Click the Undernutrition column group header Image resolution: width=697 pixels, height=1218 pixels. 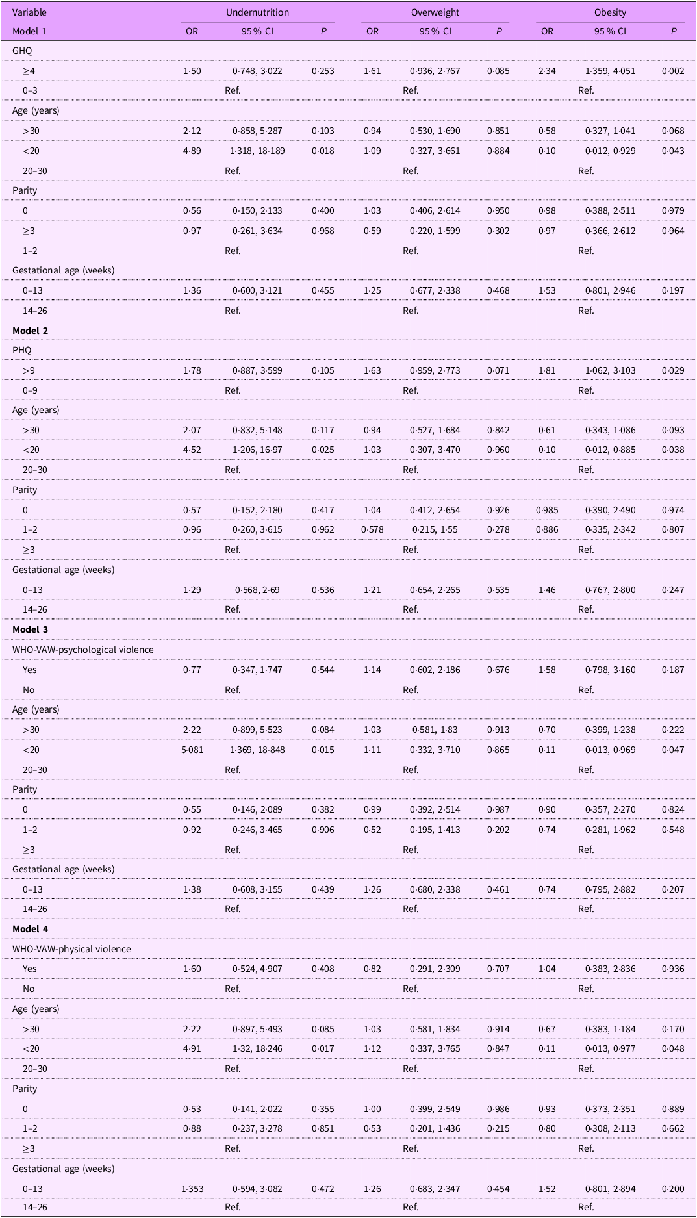click(257, 12)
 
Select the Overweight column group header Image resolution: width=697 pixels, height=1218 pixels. click(435, 12)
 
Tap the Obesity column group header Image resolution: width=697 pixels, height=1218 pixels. click(610, 12)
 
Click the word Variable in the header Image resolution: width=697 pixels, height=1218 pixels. click(30, 12)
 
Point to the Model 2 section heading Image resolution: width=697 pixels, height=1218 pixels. click(31, 330)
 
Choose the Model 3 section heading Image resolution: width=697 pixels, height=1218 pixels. click(31, 629)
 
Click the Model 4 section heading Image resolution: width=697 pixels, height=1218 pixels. click(31, 929)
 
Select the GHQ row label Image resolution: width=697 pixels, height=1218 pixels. click(22, 50)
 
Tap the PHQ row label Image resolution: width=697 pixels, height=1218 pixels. click(22, 350)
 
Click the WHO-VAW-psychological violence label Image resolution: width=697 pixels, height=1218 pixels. click(83, 650)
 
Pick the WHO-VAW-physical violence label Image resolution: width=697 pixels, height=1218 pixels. click(71, 949)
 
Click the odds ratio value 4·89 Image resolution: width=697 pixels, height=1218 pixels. click(192, 151)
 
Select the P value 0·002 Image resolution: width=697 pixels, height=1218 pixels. click(673, 71)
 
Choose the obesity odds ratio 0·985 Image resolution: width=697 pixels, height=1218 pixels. click(547, 510)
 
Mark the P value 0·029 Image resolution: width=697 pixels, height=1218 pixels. click(673, 370)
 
